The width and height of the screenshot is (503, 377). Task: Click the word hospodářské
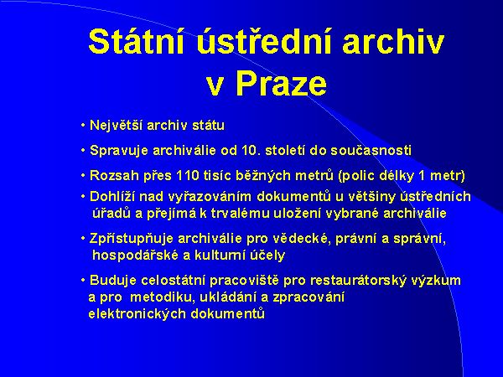tap(133, 255)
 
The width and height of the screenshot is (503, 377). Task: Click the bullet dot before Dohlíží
tap(83, 197)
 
